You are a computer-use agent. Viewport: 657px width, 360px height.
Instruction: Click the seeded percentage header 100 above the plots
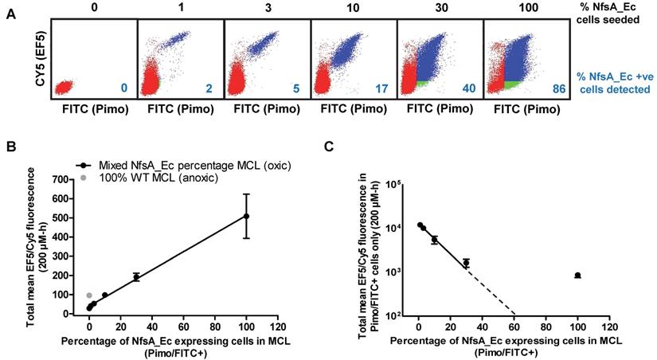pos(526,8)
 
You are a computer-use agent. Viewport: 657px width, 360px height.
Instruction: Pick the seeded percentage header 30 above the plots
pos(440,8)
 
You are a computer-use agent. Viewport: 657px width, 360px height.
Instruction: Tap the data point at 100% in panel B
pos(246,216)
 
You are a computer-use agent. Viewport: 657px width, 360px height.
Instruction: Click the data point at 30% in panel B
pos(136,277)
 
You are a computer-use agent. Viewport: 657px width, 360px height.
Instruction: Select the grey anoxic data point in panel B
pos(89,295)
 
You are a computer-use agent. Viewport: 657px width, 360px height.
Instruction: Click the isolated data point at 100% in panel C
pos(577,276)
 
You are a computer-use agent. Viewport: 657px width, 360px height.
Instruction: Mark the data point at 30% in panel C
pos(467,262)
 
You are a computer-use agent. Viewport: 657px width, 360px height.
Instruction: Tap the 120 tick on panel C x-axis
pos(608,327)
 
